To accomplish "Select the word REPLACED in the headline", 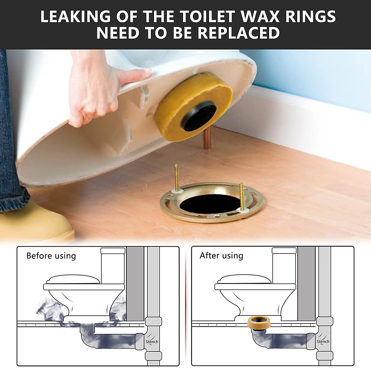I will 239,33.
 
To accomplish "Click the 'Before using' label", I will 51,256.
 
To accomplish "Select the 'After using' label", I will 221,256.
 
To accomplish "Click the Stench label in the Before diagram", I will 152,342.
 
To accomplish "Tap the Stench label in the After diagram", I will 323,341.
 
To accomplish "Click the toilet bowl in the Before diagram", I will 83,300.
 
